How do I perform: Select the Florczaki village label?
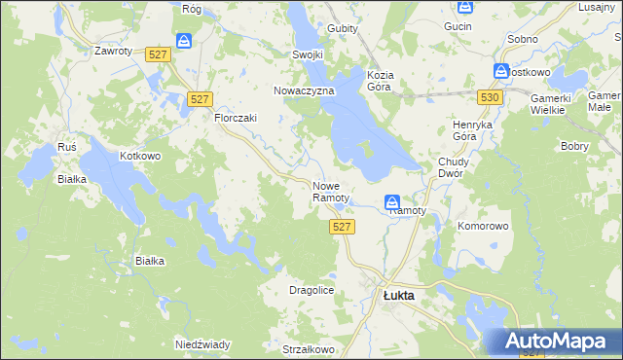coord(235,118)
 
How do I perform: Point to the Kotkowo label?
coord(139,156)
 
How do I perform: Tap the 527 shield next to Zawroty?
coord(160,56)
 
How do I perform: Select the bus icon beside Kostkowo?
coord(500,71)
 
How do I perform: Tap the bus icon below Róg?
coord(184,41)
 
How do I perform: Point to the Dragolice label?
coord(311,290)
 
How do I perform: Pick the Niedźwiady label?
coord(202,344)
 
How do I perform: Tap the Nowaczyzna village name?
coord(304,90)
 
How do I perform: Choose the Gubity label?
coord(343,28)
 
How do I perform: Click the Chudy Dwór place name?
coord(454,168)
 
